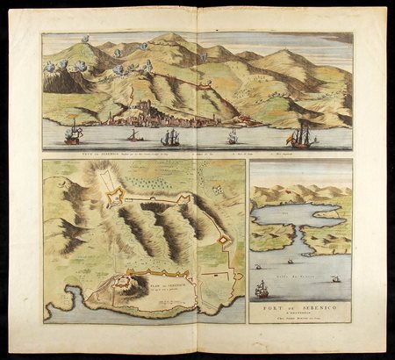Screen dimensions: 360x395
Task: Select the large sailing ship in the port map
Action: pyautogui.click(x=262, y=288)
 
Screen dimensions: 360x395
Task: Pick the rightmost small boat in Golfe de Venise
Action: pyautogui.click(x=334, y=278)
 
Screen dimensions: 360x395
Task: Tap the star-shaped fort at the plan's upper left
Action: pyautogui.click(x=115, y=198)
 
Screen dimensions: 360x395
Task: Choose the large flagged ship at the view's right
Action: pyautogui.click(x=302, y=135)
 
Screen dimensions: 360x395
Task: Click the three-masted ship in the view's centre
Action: pyautogui.click(x=170, y=137)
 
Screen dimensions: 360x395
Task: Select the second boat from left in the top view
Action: pyautogui.click(x=133, y=136)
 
